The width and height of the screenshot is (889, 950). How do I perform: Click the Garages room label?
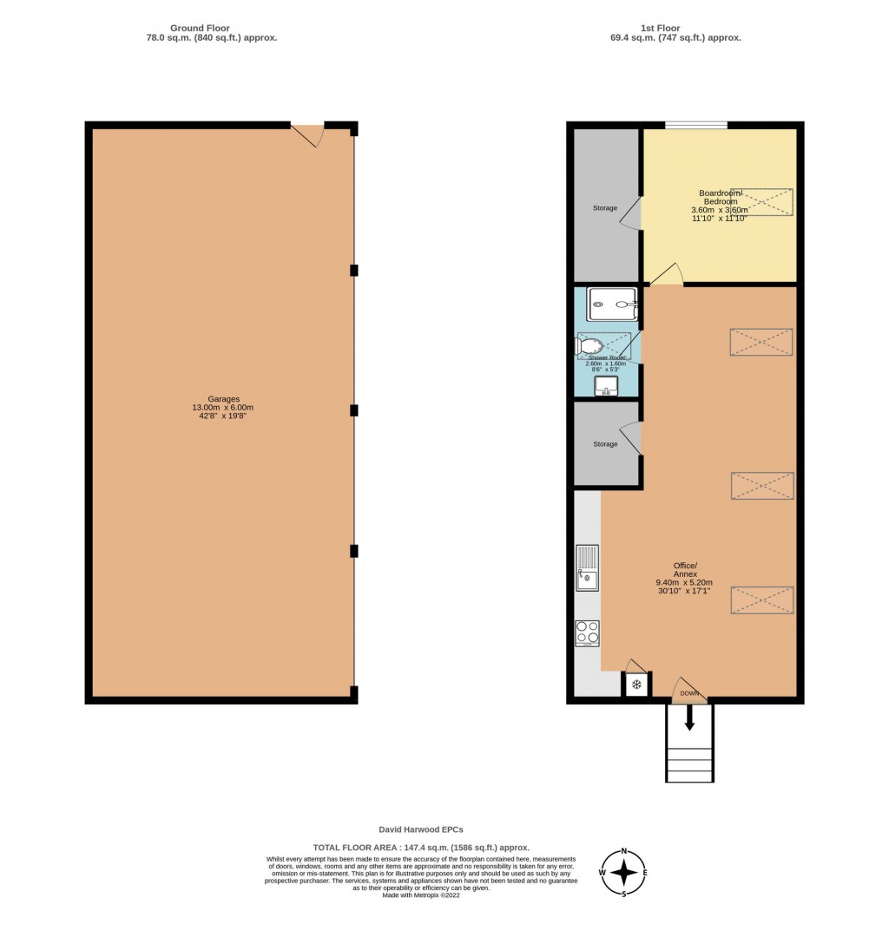pyautogui.click(x=222, y=411)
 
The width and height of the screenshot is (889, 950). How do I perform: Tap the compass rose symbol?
pyautogui.click(x=624, y=872)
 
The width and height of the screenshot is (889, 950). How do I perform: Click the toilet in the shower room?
pyautogui.click(x=589, y=347)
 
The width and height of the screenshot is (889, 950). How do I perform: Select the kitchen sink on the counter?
pyautogui.click(x=588, y=568)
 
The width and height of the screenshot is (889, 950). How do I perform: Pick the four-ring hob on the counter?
pyautogui.click(x=588, y=633)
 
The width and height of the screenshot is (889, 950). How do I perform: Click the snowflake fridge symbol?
pyautogui.click(x=636, y=685)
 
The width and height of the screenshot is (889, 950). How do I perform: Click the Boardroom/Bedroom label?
pyautogui.click(x=718, y=205)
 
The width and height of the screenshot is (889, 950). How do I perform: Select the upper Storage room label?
pyautogui.click(x=605, y=208)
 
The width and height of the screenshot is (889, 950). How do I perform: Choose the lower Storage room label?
pyautogui.click(x=605, y=444)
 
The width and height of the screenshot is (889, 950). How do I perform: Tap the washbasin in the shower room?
pyautogui.click(x=606, y=386)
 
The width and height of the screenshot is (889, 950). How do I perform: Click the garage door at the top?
pyautogui.click(x=307, y=133)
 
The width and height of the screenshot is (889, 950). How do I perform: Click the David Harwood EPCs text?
pyautogui.click(x=421, y=829)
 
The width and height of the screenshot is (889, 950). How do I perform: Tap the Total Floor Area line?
pyautogui.click(x=421, y=847)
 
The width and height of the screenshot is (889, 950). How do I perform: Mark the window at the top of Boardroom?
pyautogui.click(x=696, y=125)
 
